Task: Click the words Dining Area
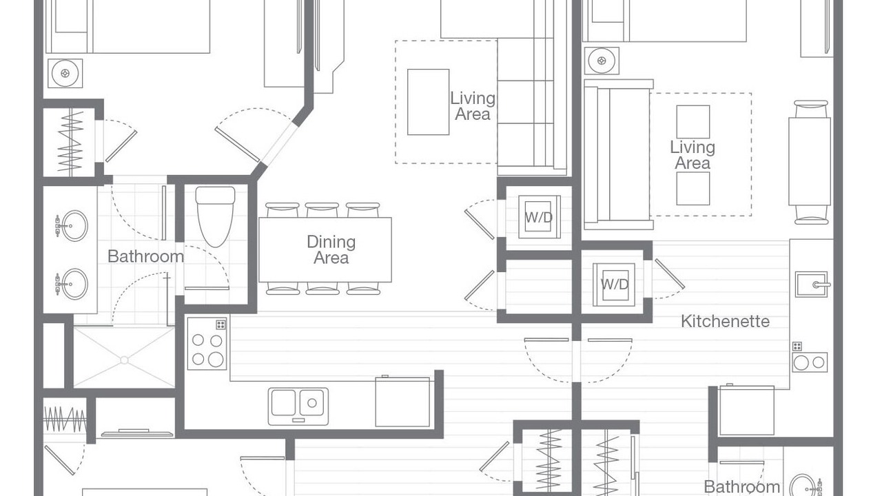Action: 331,249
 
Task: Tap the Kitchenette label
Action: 725,322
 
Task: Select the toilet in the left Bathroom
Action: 215,217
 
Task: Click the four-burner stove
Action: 207,344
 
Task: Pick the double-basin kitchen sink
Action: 298,406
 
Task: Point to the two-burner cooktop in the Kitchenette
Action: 810,362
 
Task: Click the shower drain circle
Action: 125,360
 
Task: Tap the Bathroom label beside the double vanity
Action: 145,257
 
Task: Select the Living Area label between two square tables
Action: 693,155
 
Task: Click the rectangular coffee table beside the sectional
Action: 429,102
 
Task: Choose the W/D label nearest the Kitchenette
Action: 614,285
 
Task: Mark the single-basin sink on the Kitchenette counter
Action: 811,285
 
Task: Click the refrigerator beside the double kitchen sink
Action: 402,402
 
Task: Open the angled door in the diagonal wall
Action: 238,145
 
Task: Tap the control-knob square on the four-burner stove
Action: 220,324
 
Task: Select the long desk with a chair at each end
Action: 810,161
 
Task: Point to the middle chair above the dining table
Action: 322,210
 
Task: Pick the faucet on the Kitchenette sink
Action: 822,285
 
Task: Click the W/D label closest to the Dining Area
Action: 539,217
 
